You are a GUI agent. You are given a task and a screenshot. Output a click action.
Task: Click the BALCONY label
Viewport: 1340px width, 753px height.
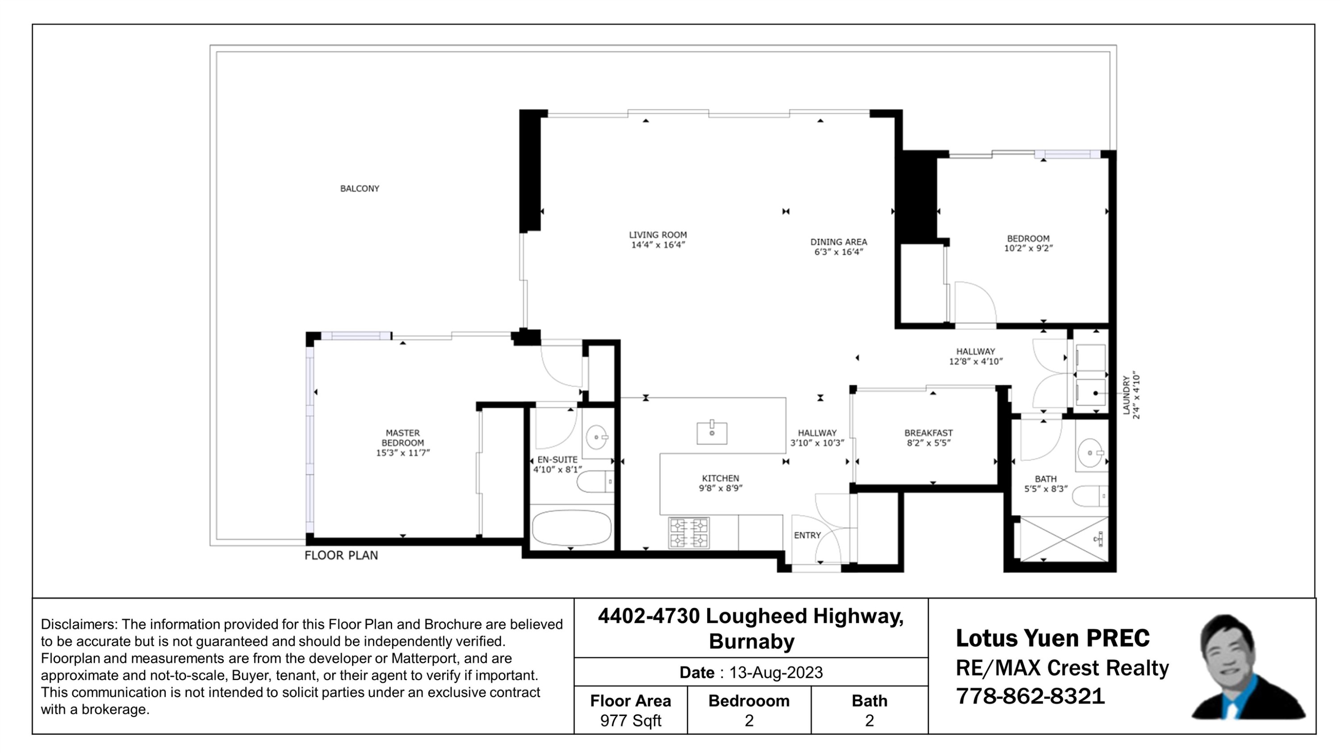(360, 188)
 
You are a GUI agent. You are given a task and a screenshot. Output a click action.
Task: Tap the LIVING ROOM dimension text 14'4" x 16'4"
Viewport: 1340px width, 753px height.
(657, 245)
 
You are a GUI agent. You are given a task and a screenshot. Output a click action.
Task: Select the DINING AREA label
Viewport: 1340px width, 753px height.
(838, 242)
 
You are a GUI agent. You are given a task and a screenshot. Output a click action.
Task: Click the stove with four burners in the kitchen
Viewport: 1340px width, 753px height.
(688, 533)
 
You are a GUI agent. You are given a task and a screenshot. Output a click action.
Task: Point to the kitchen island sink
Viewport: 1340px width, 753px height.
(712, 433)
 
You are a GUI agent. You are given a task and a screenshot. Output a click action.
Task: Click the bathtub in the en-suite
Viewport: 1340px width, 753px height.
(571, 527)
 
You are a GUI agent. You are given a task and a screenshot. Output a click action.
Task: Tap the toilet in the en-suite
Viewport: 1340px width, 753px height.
(595, 481)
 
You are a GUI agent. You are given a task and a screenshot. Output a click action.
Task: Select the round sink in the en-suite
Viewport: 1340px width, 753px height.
(596, 437)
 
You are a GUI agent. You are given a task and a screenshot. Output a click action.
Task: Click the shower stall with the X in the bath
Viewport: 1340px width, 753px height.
(1064, 539)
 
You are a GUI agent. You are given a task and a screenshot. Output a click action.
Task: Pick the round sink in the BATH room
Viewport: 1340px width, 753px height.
(1090, 453)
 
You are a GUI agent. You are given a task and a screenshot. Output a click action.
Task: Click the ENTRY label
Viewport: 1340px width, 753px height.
(807, 535)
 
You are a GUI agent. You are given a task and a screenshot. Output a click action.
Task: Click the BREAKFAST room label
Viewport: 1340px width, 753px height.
(928, 433)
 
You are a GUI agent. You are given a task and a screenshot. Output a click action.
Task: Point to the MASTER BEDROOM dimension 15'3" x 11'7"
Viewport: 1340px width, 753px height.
(402, 453)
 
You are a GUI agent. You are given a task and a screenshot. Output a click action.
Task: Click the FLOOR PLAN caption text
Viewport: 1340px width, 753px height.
(341, 556)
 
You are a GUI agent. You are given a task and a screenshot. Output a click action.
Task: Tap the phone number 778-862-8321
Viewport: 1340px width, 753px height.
(1030, 696)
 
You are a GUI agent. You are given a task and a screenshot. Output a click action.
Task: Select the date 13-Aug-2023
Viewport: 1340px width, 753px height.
(775, 673)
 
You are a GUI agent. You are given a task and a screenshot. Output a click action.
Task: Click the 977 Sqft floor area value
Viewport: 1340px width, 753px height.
(630, 721)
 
